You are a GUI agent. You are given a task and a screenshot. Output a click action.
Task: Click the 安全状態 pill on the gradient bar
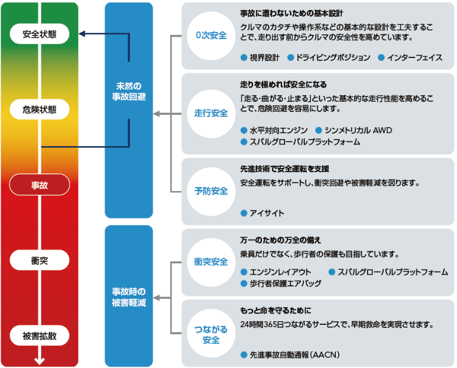point(40,34)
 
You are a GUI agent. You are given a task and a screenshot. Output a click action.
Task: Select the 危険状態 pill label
point(40,109)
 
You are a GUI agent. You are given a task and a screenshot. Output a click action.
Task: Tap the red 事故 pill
point(40,185)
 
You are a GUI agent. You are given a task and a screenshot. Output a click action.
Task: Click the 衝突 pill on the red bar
point(40,260)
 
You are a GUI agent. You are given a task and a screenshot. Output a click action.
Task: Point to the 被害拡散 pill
point(40,335)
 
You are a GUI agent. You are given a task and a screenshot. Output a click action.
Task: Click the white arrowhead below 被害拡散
point(40,361)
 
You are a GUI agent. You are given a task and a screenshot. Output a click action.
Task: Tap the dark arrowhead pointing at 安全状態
point(82,34)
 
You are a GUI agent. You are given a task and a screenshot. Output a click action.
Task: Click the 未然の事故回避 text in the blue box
point(129,91)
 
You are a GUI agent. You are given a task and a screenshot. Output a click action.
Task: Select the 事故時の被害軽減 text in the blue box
point(129,297)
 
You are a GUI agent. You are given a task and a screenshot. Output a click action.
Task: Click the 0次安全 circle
point(211,35)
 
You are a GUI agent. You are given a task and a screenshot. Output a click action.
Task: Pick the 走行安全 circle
point(211,114)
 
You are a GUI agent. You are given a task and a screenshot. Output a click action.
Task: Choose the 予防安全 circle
point(211,191)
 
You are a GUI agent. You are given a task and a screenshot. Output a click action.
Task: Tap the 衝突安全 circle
point(211,262)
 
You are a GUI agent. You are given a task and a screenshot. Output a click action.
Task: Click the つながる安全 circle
point(211,333)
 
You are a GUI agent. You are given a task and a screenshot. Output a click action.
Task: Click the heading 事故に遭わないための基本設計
point(291,14)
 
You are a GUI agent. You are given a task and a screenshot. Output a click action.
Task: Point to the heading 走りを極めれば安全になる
point(283,85)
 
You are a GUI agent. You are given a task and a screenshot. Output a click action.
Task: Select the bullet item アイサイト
point(262,213)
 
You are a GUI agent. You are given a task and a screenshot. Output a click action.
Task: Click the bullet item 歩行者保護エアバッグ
point(281,283)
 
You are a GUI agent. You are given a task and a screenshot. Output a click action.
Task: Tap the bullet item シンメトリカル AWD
point(354,130)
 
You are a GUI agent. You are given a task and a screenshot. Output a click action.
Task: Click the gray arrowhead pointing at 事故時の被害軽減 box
point(157,298)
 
